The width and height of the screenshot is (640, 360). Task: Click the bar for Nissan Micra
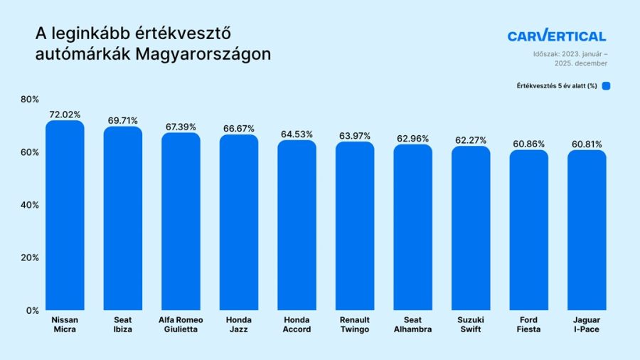click(x=65, y=215)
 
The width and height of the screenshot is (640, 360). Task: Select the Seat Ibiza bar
click(x=123, y=218)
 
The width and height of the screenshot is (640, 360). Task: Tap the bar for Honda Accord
click(x=297, y=225)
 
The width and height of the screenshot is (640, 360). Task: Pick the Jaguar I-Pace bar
click(x=587, y=230)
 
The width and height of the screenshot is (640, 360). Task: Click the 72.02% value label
click(x=65, y=115)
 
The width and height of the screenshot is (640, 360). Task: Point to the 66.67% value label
click(x=239, y=129)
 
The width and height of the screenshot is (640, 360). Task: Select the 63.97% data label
click(x=355, y=136)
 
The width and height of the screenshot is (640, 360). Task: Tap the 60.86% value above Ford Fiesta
click(x=528, y=144)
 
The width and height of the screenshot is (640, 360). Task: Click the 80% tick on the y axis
click(x=30, y=99)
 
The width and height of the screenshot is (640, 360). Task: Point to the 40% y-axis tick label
click(x=30, y=205)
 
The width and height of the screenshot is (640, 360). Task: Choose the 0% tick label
click(x=33, y=311)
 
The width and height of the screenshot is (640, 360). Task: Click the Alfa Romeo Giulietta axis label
click(x=181, y=324)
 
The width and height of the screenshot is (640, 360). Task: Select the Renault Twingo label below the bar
click(x=355, y=324)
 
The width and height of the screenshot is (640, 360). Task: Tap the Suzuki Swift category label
click(x=471, y=324)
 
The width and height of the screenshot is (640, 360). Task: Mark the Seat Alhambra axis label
click(x=412, y=324)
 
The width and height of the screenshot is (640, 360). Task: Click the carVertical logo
click(x=557, y=36)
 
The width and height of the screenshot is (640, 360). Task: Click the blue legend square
click(x=606, y=85)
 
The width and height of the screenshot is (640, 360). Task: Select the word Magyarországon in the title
click(x=203, y=54)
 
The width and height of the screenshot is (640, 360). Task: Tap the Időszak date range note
click(x=570, y=59)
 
